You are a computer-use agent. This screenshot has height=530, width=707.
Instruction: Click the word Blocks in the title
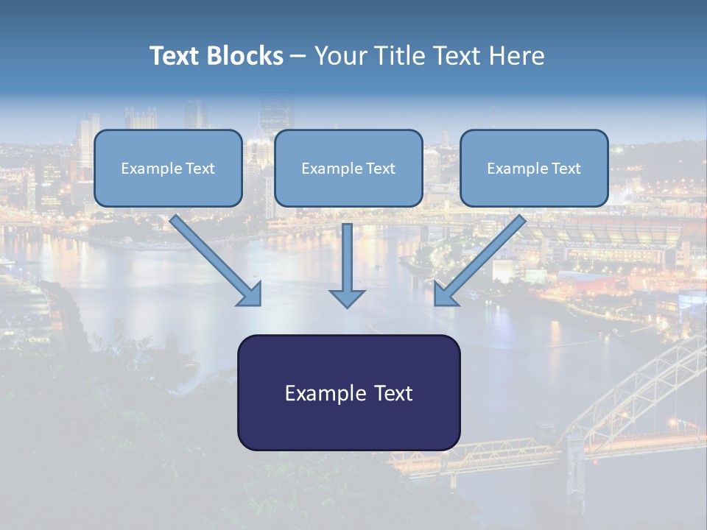247,56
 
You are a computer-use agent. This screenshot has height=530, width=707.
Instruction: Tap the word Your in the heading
341,56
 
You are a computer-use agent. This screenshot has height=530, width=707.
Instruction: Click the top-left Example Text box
168,169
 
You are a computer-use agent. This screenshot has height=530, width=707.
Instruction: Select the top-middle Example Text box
348,169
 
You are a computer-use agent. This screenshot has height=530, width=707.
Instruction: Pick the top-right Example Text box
534,169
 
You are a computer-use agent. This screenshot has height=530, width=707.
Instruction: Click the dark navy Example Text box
348,393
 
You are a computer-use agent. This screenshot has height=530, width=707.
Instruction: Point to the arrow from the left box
214,258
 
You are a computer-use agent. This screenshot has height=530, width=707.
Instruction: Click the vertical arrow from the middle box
347,258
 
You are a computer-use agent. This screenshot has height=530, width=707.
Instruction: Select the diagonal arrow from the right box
482,258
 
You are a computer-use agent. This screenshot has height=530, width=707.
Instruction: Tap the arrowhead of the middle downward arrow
347,298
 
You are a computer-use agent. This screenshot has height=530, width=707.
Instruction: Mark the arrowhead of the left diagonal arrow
250,294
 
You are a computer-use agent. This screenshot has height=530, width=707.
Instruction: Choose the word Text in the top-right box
566,169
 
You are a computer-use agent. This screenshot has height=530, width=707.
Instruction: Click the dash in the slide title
298,57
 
